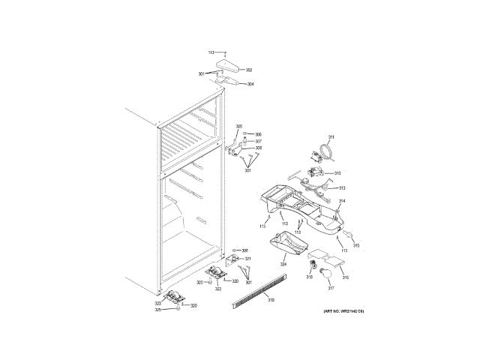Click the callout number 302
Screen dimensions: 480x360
[x=249, y=70]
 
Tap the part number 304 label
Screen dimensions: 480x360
[x=250, y=84]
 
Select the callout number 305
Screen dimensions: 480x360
[x=239, y=126]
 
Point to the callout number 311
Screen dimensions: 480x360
[x=331, y=136]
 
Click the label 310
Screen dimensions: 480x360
[x=337, y=173]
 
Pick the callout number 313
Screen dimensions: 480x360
[x=341, y=187]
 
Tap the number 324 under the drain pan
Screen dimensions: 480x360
[x=283, y=264]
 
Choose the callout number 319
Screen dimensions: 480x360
[x=271, y=300]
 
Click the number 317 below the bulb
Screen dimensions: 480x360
[x=329, y=288]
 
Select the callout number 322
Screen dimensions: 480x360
[x=218, y=289]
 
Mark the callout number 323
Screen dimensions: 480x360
[x=158, y=303]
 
